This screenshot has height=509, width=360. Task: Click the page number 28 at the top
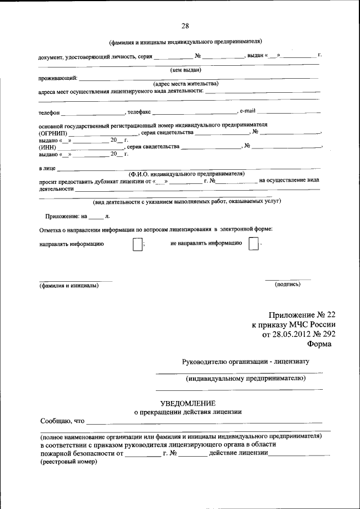185,26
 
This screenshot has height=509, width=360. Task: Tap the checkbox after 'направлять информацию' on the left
137,245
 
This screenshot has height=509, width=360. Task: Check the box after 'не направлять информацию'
254,245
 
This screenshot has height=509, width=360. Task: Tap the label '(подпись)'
287,285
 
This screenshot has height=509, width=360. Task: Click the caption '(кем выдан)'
186,70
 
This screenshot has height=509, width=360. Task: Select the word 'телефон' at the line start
49,113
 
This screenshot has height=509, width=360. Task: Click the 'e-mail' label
248,111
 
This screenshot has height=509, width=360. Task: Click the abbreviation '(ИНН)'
47,147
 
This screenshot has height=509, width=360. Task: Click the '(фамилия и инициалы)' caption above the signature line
69,286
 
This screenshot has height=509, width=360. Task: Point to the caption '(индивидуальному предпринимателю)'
246,379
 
